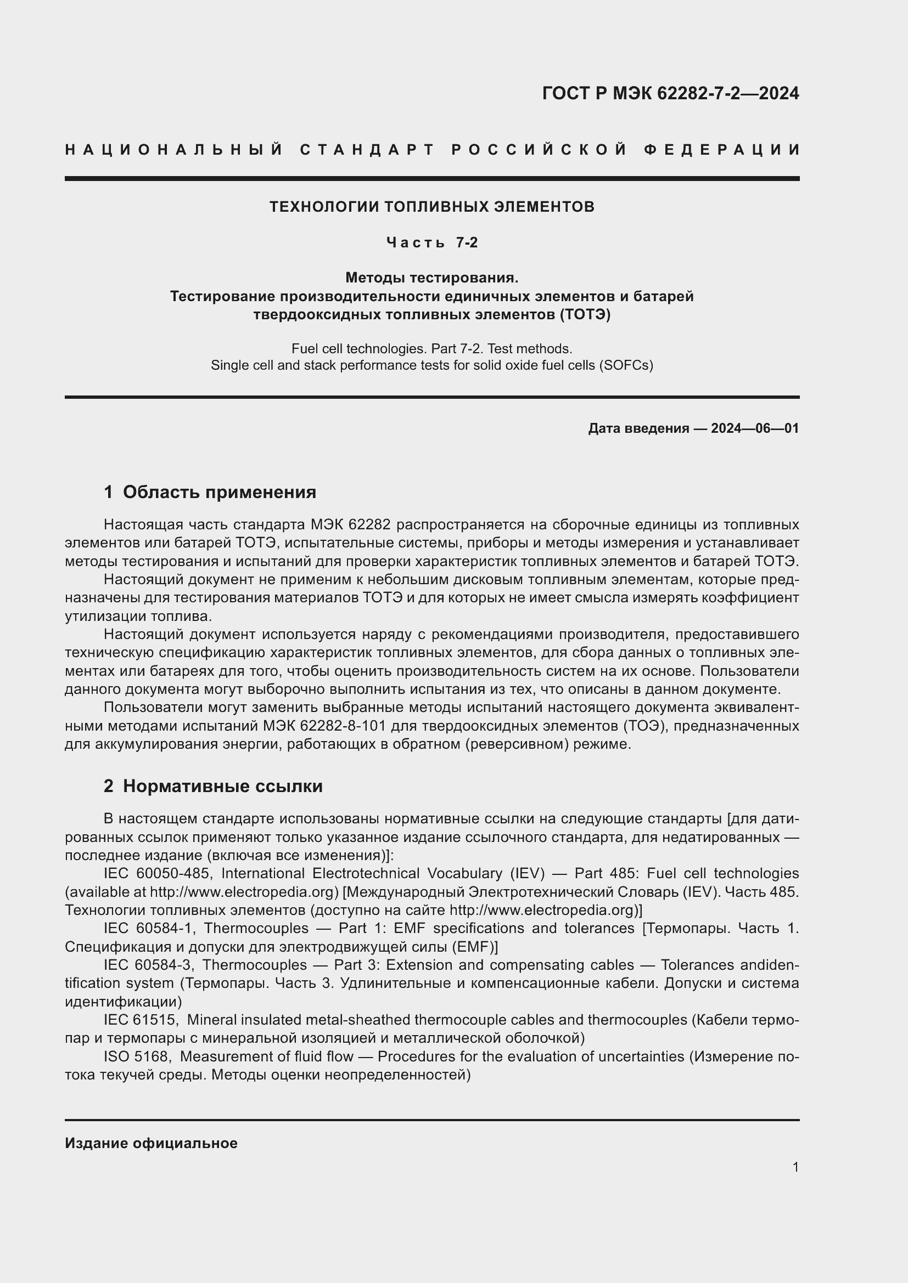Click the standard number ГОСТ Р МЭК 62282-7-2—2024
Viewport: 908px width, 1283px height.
coord(670,93)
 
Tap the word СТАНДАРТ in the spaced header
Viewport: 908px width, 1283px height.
coord(367,150)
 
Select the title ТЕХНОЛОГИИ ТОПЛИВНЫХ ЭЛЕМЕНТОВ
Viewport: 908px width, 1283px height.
coord(431,207)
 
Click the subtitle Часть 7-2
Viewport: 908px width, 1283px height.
coord(431,242)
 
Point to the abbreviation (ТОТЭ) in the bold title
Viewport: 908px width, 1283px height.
coord(584,315)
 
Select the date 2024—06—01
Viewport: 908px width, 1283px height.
coord(754,428)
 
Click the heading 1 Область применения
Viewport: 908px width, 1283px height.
coord(210,492)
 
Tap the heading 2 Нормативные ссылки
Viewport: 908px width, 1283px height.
coord(213,786)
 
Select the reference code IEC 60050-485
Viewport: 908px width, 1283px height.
coord(156,873)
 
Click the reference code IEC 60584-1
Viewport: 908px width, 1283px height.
coord(149,928)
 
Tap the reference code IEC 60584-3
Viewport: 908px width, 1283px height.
coord(149,965)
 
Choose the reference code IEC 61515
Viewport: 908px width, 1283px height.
coord(140,1020)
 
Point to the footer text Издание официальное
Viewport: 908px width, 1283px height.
coord(151,1143)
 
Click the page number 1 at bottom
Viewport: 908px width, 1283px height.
coord(795,1167)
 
